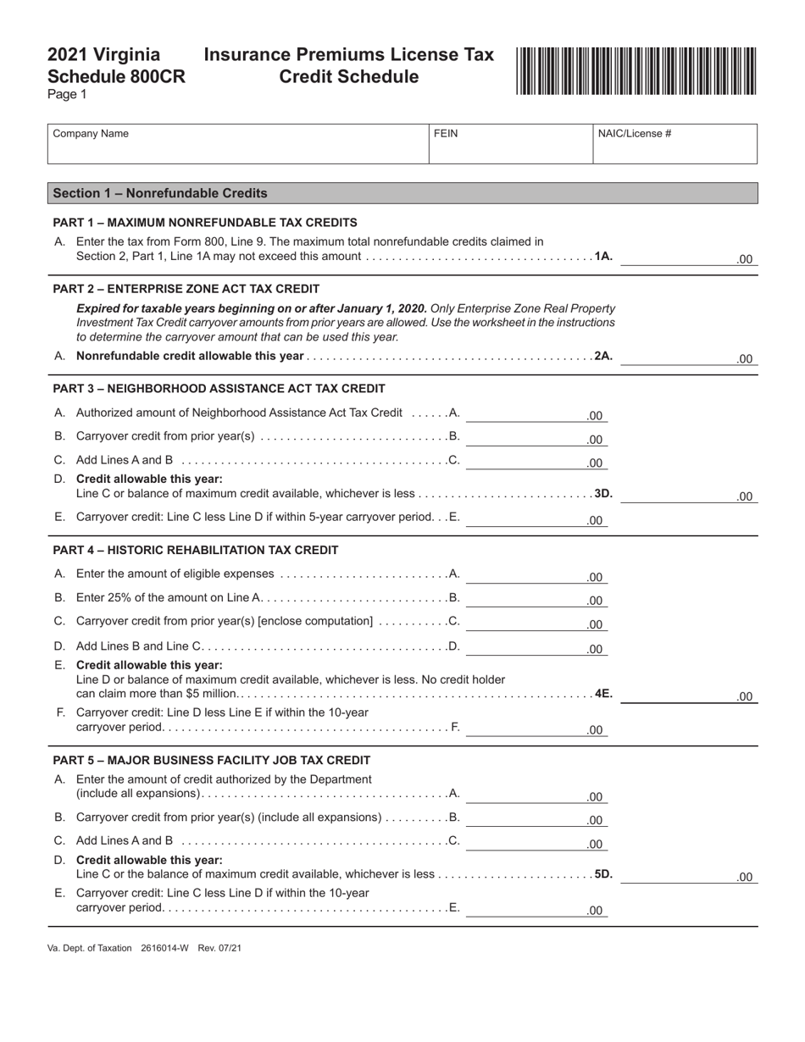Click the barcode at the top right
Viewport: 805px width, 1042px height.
pyautogui.click(x=636, y=71)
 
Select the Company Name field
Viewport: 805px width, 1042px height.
pyautogui.click(x=238, y=144)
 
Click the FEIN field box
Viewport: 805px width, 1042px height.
pyautogui.click(x=510, y=144)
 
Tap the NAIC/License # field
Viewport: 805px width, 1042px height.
pyautogui.click(x=675, y=144)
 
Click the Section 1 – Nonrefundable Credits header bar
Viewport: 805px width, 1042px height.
pyautogui.click(x=402, y=193)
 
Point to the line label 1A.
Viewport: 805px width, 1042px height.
pyautogui.click(x=602, y=256)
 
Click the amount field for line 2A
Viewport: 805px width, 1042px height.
pyautogui.click(x=688, y=357)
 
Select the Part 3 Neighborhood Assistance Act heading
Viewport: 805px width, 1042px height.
pyautogui.click(x=219, y=389)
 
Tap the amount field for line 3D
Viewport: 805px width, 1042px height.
pyautogui.click(x=688, y=495)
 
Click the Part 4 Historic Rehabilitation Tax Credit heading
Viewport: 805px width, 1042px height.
pyautogui.click(x=195, y=551)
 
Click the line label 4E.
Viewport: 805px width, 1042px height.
pyautogui.click(x=602, y=693)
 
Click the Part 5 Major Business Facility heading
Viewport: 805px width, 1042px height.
pyautogui.click(x=211, y=760)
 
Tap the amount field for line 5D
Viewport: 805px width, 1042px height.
pyautogui.click(x=688, y=876)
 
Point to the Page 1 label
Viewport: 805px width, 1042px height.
pyautogui.click(x=67, y=95)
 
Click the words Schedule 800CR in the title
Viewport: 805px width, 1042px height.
pyautogui.click(x=116, y=76)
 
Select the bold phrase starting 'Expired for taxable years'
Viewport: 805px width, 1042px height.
pyautogui.click(x=251, y=308)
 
